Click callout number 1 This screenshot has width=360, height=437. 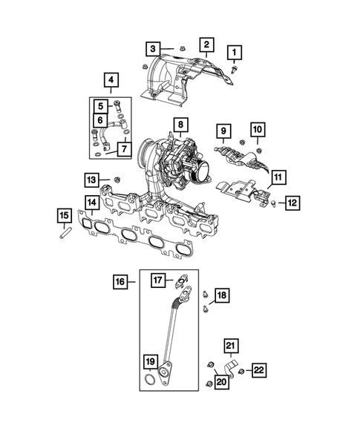(235, 53)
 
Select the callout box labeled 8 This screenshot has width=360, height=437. (180, 125)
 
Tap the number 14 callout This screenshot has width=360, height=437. (92, 203)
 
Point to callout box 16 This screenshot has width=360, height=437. (120, 282)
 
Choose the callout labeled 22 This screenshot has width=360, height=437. (259, 370)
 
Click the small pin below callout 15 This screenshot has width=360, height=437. (65, 233)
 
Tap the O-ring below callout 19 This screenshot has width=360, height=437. (150, 379)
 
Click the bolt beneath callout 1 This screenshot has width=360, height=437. (234, 70)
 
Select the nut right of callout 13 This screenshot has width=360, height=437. (117, 180)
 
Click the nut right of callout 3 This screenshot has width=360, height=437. (182, 48)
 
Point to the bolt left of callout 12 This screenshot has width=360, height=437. (273, 203)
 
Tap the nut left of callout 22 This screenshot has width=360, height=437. (241, 372)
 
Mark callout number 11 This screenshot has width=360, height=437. (278, 177)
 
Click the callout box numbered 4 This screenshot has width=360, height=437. (111, 80)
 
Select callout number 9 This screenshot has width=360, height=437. (223, 131)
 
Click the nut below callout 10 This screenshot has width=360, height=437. (258, 151)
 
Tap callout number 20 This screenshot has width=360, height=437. (222, 382)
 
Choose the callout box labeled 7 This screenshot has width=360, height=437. (125, 149)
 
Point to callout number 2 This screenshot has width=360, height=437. (206, 45)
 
